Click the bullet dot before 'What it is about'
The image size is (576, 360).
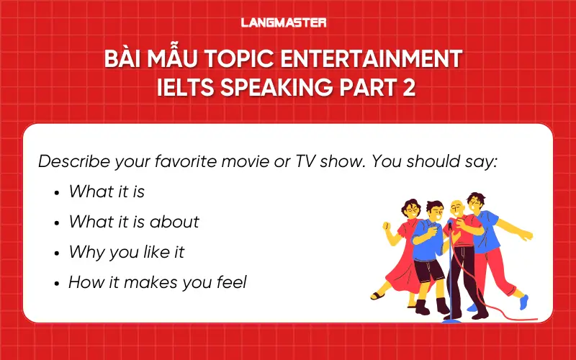pyautogui.click(x=56, y=222)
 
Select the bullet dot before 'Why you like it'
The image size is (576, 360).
pyautogui.click(x=56, y=253)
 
